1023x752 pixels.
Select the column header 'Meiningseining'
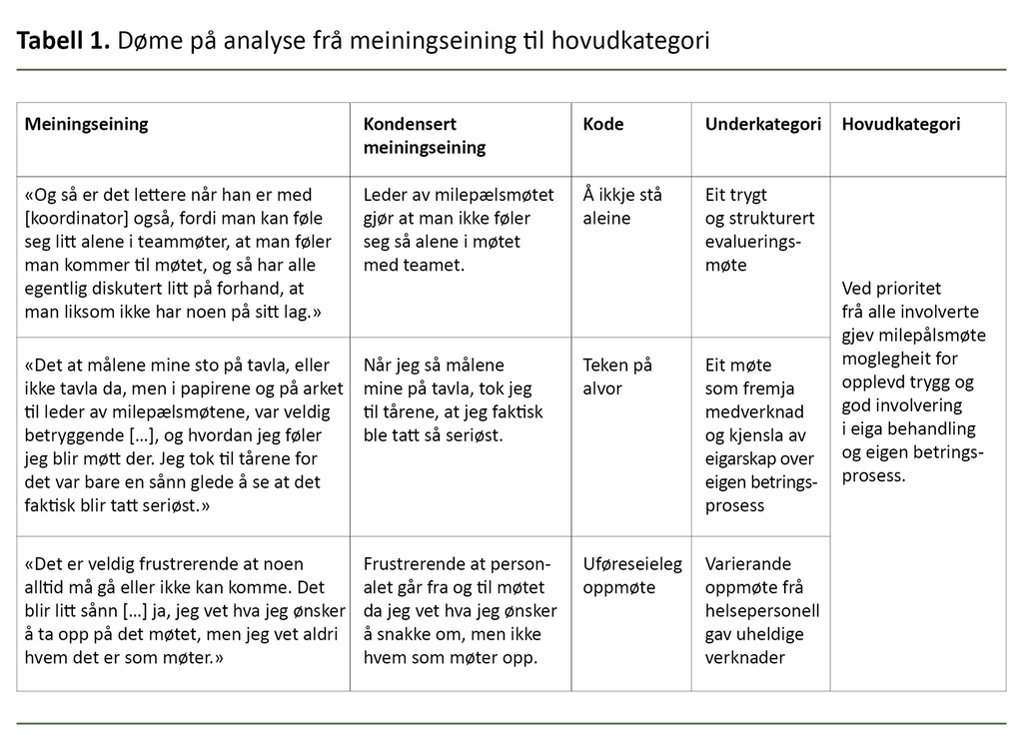pos(86,125)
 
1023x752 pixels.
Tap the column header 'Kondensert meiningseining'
pos(424,136)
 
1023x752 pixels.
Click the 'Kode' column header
pos(603,125)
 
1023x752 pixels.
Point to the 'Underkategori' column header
pos(762,125)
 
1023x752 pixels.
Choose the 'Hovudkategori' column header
pos(901,125)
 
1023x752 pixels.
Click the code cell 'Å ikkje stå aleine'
pos(622,206)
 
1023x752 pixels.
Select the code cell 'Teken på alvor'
pos(617,376)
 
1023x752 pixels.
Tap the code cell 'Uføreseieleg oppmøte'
pos(631,575)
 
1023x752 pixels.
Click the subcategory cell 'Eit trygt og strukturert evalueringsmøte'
pos(759,230)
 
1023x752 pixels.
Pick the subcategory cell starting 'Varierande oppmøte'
pos(761,609)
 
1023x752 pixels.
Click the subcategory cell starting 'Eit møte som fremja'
pos(761,435)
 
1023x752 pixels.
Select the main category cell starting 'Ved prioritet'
pos(913,381)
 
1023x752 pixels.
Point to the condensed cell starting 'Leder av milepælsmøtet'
pos(448,230)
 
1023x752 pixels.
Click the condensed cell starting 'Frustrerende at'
pos(460,609)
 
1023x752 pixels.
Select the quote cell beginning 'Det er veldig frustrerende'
pos(184,609)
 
